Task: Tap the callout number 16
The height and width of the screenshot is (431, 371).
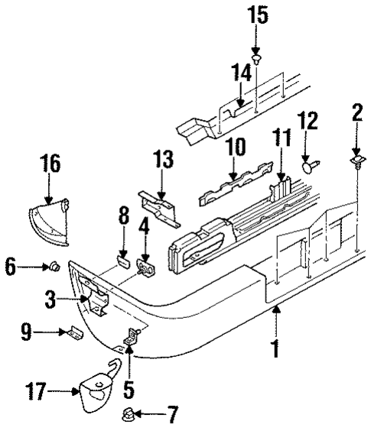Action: (50, 164)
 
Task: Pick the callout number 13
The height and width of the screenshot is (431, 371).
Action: (163, 163)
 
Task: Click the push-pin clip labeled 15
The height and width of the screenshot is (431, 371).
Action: (256, 57)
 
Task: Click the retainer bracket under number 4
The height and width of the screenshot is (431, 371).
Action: (145, 267)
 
